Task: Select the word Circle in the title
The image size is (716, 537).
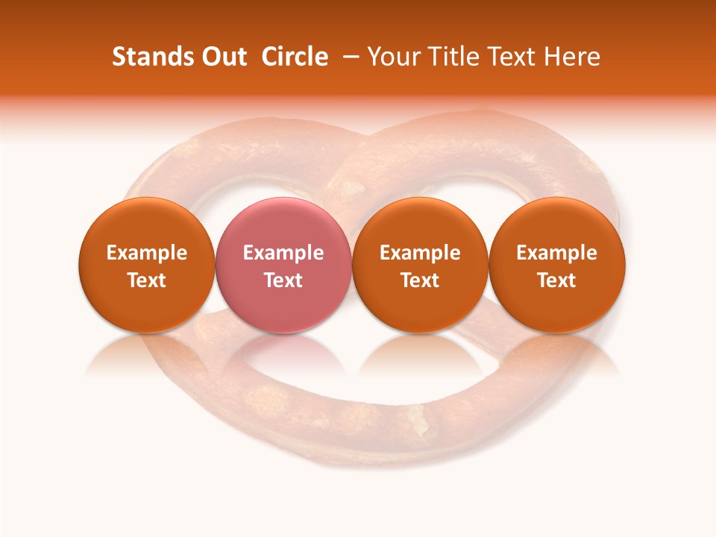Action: click(x=295, y=57)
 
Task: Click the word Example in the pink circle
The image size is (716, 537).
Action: click(x=283, y=253)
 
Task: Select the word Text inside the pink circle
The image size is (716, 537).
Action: click(x=283, y=280)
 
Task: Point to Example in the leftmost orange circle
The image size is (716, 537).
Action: click(x=147, y=253)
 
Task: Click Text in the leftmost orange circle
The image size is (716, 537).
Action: click(x=147, y=280)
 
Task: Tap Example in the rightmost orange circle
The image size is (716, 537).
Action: click(x=557, y=253)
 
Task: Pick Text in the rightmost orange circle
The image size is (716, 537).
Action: click(x=557, y=280)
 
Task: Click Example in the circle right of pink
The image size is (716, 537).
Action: click(x=420, y=253)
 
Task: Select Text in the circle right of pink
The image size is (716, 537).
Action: click(x=420, y=280)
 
